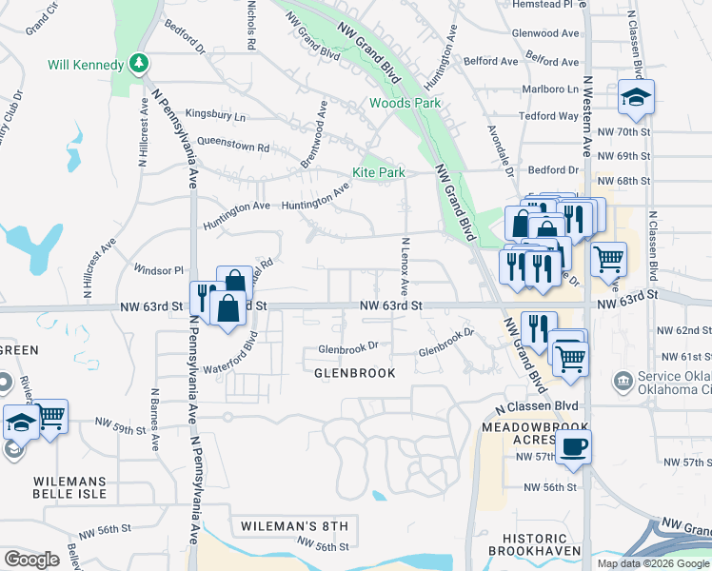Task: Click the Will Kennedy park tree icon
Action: (x=140, y=64)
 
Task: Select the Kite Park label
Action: (x=379, y=172)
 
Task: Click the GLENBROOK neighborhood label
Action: (x=355, y=374)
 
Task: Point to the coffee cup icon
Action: (x=573, y=447)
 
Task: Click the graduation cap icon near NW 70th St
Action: (x=636, y=96)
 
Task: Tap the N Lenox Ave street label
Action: (x=405, y=266)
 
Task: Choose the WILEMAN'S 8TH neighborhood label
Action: (x=295, y=526)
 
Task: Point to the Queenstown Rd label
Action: (x=233, y=148)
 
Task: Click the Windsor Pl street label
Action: (x=158, y=270)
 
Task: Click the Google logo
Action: (x=31, y=560)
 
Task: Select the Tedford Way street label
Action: (x=548, y=116)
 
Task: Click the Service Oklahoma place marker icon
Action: (x=623, y=382)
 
